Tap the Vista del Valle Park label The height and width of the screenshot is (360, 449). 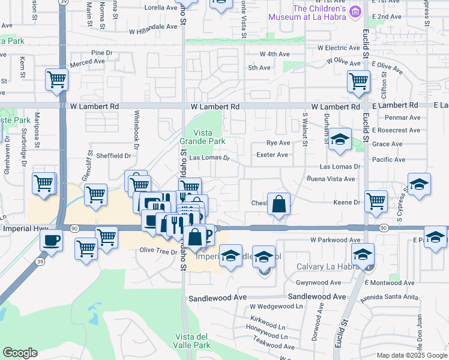[x=193, y=341]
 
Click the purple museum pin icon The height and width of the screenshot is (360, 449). [x=356, y=11]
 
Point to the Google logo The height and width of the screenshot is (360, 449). [x=20, y=353]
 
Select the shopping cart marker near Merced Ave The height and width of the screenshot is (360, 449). [x=56, y=79]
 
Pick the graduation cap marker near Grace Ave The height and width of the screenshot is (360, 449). [x=340, y=140]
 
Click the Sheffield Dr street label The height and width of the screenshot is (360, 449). [x=113, y=155]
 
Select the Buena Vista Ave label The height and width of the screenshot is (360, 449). [x=331, y=179]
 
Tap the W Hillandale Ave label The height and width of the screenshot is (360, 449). [x=153, y=26]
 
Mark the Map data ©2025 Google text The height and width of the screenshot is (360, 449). [x=412, y=355]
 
